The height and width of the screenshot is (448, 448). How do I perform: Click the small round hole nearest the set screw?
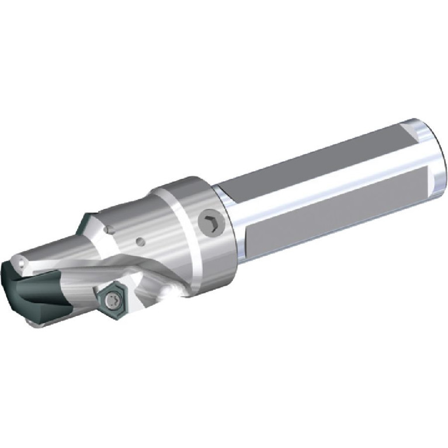140,239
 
